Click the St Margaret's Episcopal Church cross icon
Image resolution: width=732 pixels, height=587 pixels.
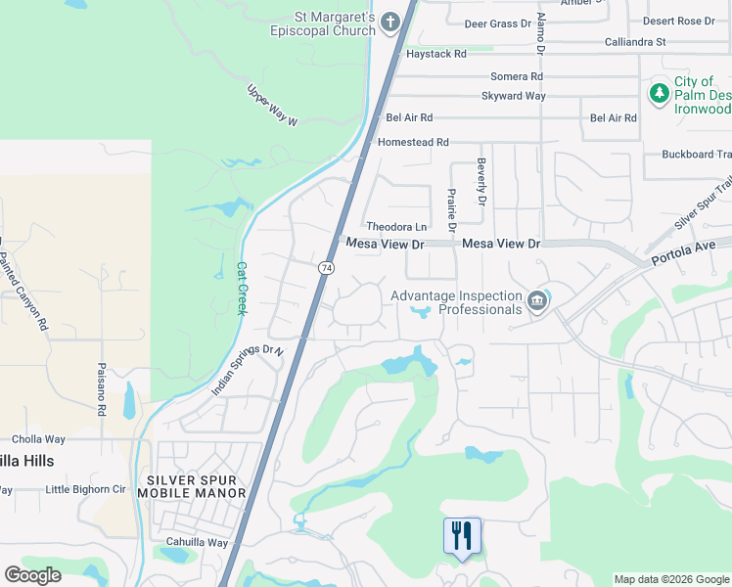[x=389, y=22]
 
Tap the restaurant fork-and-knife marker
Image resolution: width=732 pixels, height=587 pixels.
[x=462, y=535]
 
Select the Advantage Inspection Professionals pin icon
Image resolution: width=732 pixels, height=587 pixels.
[x=537, y=301]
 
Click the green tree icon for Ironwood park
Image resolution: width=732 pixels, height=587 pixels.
[x=660, y=93]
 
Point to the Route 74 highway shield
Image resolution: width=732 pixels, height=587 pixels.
[x=326, y=267]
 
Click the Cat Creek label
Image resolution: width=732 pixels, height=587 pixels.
[x=241, y=288]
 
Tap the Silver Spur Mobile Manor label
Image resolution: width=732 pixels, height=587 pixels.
[x=197, y=486]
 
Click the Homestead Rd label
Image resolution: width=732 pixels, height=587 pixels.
[x=413, y=142]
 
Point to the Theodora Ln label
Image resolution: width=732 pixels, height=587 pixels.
[x=396, y=226]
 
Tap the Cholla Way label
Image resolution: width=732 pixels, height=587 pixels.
[x=38, y=439]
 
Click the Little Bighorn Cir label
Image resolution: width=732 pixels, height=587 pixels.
[x=86, y=489]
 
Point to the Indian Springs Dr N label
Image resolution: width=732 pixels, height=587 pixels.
[x=248, y=370]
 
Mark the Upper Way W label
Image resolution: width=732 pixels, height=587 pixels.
[x=271, y=106]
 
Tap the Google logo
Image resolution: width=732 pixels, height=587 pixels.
[x=32, y=575]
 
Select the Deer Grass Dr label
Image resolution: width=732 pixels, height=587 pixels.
[x=496, y=23]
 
